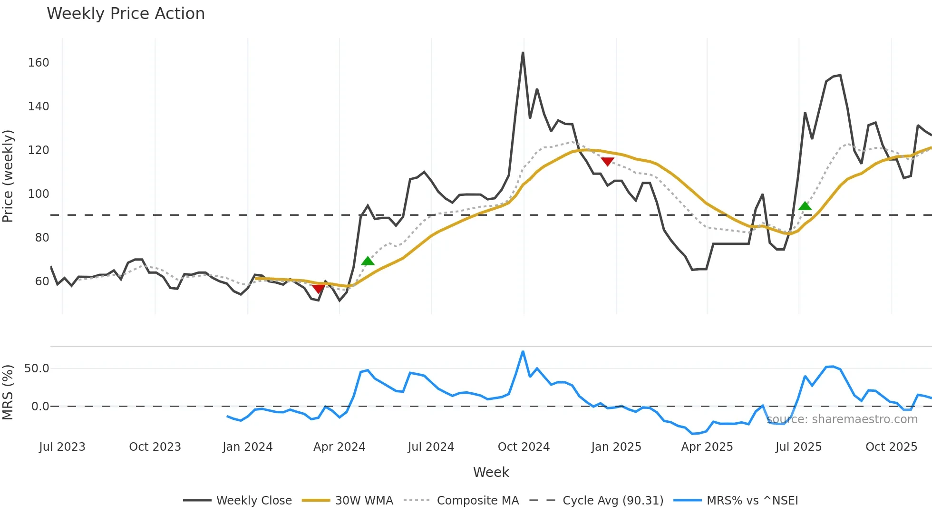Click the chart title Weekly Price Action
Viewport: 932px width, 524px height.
click(x=126, y=14)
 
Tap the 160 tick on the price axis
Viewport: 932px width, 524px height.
click(x=39, y=63)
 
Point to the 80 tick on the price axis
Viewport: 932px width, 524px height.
click(x=42, y=237)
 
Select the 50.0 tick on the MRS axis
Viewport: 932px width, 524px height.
click(x=37, y=369)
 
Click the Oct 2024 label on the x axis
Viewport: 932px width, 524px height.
click(x=524, y=447)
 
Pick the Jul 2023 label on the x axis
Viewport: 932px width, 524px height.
click(x=62, y=447)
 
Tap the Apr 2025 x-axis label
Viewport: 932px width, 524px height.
click(x=707, y=447)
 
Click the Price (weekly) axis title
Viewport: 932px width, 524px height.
click(x=8, y=176)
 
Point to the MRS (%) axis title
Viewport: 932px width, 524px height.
click(x=8, y=392)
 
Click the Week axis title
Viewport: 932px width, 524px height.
click(x=491, y=472)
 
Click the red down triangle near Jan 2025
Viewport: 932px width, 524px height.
click(x=607, y=162)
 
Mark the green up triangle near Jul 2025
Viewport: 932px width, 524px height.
click(x=805, y=206)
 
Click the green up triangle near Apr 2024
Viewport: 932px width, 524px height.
click(x=368, y=261)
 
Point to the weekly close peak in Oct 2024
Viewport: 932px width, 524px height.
click(x=523, y=53)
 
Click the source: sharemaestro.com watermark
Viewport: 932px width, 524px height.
click(x=842, y=419)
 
